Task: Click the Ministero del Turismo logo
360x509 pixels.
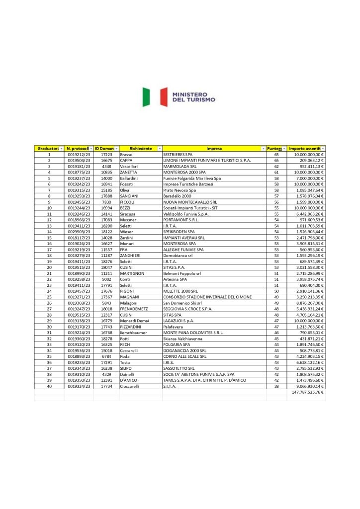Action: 179,97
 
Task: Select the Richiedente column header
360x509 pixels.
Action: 141,149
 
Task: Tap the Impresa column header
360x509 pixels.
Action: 214,149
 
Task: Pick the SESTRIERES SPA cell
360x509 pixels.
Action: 178,155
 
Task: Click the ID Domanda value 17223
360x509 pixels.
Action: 106,155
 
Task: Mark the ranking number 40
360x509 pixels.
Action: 49,386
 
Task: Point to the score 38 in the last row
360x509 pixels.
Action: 276,386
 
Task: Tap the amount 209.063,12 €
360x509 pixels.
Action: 307,161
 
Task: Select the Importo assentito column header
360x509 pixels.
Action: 304,149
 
